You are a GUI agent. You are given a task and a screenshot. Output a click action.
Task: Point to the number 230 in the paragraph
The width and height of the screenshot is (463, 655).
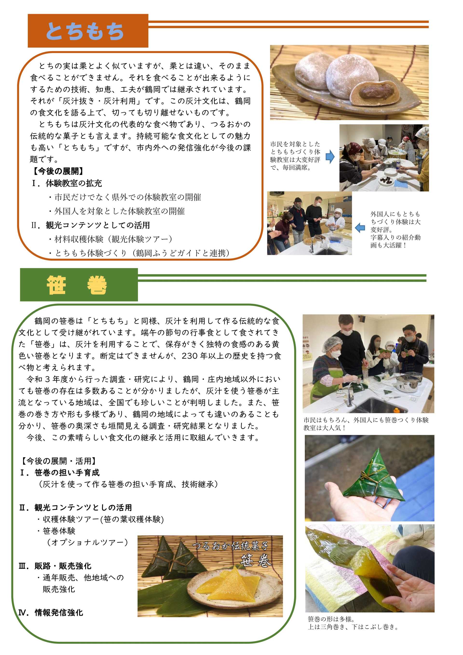190,356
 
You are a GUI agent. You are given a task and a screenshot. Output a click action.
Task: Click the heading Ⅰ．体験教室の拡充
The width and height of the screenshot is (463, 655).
66,183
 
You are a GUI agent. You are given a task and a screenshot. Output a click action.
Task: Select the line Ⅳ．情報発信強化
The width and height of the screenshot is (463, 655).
51,613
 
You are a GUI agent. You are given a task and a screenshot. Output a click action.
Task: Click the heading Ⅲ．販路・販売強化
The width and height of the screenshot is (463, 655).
55,566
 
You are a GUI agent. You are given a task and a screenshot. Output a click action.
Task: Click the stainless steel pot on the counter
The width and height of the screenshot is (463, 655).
409,381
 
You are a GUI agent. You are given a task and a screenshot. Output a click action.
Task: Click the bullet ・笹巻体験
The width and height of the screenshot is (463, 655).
56,531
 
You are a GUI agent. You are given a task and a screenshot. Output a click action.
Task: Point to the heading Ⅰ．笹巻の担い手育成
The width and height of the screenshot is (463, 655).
59,473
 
